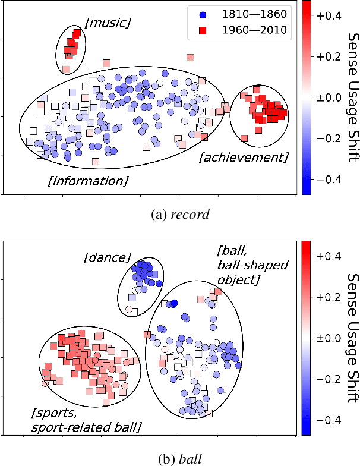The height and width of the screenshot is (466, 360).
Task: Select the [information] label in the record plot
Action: coord(87,180)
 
